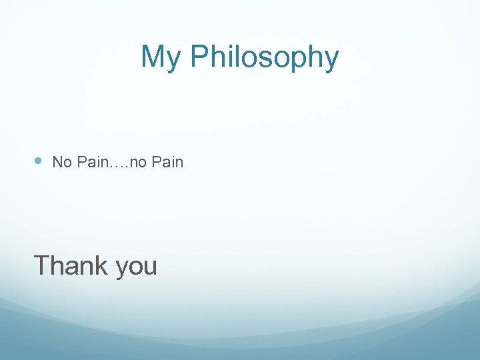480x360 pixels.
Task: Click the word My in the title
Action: coord(161,58)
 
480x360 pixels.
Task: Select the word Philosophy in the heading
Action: coord(264,58)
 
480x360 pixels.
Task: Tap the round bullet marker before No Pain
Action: coord(38,161)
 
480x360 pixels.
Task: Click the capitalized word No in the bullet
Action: coord(61,162)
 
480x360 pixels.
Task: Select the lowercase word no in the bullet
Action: coord(138,163)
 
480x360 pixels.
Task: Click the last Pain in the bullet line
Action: coord(167,162)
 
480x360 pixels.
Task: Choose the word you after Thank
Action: coord(136,267)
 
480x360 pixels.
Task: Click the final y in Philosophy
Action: coord(331,61)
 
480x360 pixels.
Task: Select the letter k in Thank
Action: coord(103,265)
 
